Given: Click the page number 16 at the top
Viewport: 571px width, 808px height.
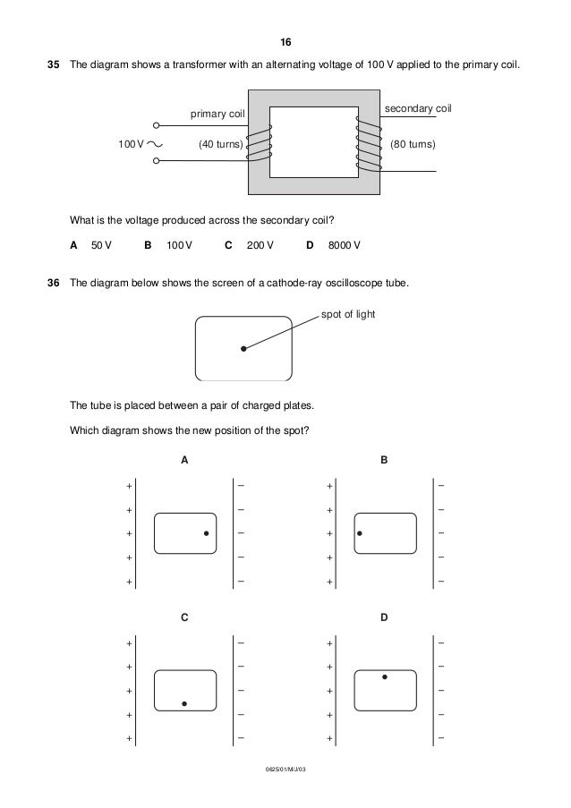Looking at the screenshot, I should tap(285, 43).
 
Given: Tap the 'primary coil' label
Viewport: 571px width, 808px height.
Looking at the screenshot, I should tap(216, 115).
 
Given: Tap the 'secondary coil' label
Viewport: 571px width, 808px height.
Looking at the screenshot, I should tap(418, 108).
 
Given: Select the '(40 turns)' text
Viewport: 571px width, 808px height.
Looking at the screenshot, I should tap(220, 143).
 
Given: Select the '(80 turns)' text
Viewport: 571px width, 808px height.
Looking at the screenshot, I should tap(413, 143).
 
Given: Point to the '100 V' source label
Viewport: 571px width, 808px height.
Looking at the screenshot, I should tap(131, 143).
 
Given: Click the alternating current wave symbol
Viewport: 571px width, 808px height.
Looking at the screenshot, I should tap(153, 143).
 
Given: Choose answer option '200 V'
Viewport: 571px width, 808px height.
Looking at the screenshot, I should tap(260, 244).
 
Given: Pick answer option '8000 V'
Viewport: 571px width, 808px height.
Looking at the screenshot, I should tap(345, 244).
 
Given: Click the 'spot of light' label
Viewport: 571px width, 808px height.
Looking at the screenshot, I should tap(349, 316).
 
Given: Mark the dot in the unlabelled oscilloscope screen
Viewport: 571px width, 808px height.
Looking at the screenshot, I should tap(243, 350).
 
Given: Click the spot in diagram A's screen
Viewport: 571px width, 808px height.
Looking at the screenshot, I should tap(206, 533).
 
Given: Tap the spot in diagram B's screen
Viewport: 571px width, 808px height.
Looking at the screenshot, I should tap(360, 533).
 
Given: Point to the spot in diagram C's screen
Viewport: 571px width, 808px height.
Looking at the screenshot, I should tap(184, 703).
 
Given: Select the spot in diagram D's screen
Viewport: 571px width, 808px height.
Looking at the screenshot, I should tap(385, 677).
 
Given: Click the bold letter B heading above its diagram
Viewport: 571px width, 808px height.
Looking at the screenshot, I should tap(385, 460).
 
